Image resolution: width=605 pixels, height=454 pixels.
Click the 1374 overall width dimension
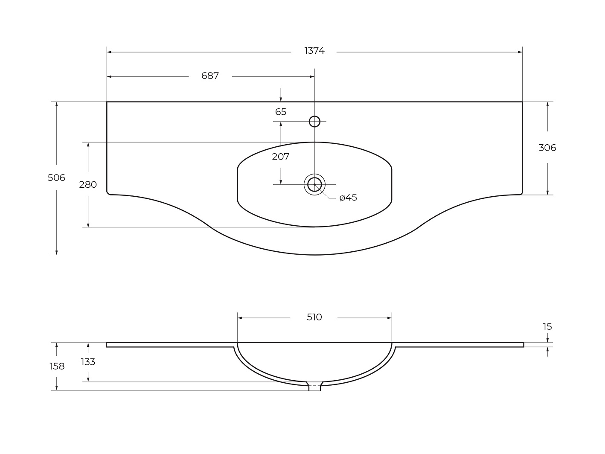tap(314, 51)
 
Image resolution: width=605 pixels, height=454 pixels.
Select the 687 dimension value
tap(210, 76)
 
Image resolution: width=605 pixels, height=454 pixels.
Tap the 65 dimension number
tap(281, 112)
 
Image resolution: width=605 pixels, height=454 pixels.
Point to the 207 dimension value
tap(281, 157)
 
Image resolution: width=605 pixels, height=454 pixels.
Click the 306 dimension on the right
tap(547, 148)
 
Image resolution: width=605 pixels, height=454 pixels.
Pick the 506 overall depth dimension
tap(56, 178)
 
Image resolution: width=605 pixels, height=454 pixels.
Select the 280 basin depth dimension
tap(88, 185)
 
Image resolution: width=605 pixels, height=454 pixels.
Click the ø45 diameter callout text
tap(348, 198)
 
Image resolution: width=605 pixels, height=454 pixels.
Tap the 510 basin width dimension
tap(314, 317)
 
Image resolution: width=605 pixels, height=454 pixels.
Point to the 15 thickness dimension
tap(547, 326)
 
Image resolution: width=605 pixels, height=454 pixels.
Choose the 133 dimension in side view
tap(88, 362)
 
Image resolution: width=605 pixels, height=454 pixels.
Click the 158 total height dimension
tap(57, 366)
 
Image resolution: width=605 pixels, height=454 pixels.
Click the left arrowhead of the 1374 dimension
tap(109, 52)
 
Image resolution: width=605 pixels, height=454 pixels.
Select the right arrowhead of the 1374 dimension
tap(520, 52)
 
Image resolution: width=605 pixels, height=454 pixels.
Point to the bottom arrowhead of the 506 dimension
tap(56, 253)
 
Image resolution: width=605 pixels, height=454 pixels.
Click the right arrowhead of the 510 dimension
tap(390, 318)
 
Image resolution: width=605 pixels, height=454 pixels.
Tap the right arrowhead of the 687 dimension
tap(312, 77)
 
